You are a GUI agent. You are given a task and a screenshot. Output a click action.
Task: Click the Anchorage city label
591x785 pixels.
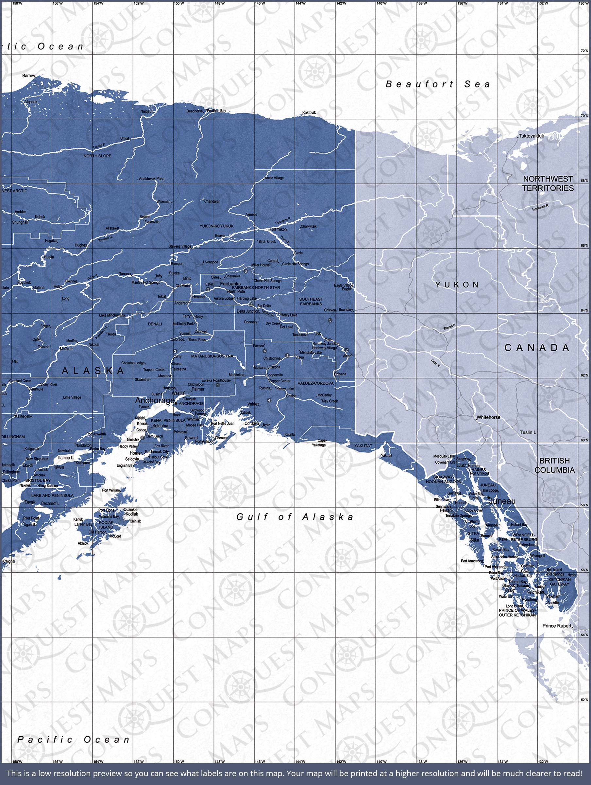[155, 400]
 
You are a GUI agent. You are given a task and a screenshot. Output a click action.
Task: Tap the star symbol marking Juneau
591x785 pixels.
[488, 497]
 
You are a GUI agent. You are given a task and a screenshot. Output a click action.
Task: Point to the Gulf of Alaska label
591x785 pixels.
[295, 517]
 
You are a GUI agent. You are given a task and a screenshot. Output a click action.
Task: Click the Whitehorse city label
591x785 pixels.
[488, 417]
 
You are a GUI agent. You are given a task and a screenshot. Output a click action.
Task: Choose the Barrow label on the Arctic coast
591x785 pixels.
[29, 76]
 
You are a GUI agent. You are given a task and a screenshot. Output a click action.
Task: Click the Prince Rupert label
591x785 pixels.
[557, 626]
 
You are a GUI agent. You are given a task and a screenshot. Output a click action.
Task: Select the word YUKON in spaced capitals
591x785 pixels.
[457, 285]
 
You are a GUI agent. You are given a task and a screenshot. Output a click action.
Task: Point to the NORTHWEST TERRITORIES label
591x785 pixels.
[548, 183]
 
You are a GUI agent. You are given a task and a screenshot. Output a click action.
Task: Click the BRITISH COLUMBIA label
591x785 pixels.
[554, 465]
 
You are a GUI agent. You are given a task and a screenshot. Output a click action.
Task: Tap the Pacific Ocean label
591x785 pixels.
[74, 740]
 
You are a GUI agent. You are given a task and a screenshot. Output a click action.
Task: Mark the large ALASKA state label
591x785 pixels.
[93, 371]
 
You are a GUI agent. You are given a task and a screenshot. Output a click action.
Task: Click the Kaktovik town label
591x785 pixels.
[309, 113]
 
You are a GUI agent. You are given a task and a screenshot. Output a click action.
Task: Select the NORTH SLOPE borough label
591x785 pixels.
[97, 156]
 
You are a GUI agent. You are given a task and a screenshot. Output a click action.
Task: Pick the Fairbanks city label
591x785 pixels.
[230, 284]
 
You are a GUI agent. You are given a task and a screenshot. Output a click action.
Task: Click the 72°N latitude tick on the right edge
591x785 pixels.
[584, 51]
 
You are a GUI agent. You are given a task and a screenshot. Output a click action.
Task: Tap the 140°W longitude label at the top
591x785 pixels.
[381, 3]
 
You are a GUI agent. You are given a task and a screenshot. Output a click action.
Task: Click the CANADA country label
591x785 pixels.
[537, 348]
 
